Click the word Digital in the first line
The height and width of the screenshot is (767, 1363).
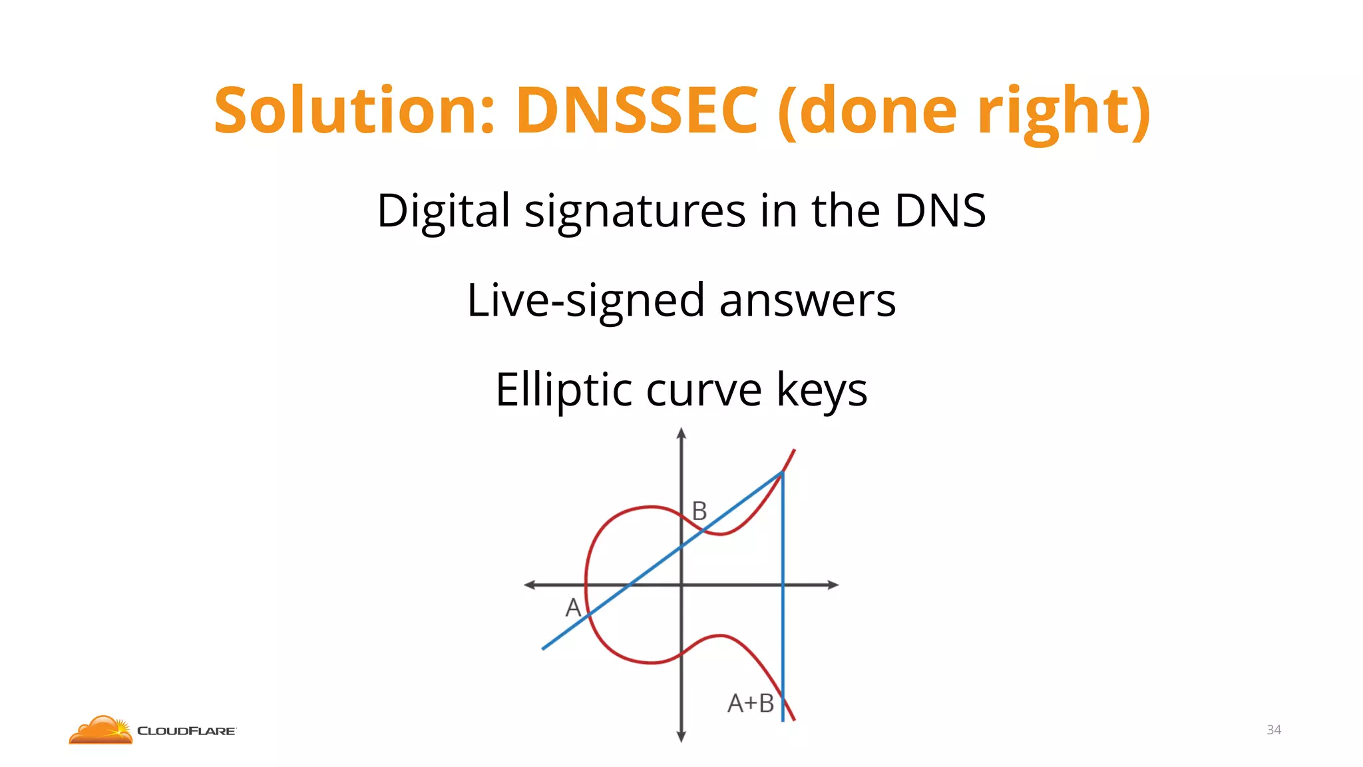[443, 211]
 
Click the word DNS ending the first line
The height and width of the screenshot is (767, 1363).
[940, 211]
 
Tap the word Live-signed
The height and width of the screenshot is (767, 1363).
[585, 301]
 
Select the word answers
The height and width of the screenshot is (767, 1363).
[807, 301]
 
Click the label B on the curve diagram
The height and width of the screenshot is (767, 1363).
[699, 511]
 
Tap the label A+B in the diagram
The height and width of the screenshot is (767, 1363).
[750, 703]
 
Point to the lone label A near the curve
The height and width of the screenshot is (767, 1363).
[573, 607]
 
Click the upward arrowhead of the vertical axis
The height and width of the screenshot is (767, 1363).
[681, 433]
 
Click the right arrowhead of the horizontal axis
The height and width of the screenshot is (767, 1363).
[833, 585]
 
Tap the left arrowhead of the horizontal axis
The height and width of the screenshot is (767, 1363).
[530, 585]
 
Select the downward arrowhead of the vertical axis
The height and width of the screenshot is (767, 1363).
[681, 736]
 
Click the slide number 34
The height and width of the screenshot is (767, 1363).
[1274, 730]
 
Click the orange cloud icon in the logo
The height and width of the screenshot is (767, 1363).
[101, 730]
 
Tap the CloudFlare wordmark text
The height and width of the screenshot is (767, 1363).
[186, 731]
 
